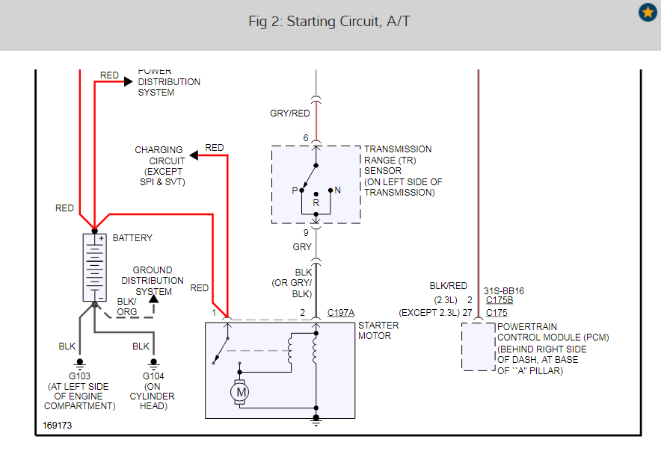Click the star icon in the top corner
[648, 13]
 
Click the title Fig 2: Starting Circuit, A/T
[329, 22]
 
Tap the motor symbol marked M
[241, 392]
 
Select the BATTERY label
[132, 238]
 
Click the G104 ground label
[153, 376]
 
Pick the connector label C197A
[341, 313]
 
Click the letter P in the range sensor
[295, 190]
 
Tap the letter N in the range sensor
[338, 190]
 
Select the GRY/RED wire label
[290, 113]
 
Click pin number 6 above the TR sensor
[305, 138]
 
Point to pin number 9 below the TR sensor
[305, 232]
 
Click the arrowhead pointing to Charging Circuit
[194, 155]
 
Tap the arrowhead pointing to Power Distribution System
[128, 81]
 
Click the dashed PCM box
[477, 346]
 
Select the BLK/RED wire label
[449, 286]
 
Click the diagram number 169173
[58, 426]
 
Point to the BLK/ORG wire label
[126, 307]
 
